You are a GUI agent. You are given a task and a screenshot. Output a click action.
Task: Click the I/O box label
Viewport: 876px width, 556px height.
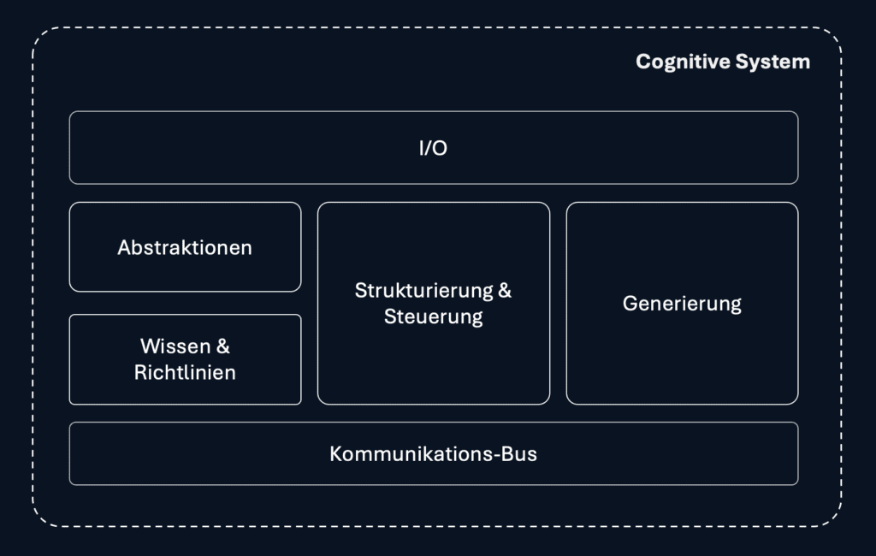point(433,148)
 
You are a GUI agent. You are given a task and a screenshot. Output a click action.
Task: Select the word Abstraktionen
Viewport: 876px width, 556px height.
point(185,248)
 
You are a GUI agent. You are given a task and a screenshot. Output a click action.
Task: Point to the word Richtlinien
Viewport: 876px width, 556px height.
point(185,373)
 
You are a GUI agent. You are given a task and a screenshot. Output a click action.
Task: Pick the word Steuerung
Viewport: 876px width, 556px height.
point(433,316)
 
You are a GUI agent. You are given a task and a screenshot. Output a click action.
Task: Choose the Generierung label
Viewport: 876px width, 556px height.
point(682,304)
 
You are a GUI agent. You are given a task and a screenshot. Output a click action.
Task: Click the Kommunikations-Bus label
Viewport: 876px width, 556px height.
point(433,453)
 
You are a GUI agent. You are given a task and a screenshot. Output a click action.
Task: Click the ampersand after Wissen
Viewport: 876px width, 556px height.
point(223,346)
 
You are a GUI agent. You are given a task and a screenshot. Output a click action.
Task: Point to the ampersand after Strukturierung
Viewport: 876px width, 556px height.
point(505,290)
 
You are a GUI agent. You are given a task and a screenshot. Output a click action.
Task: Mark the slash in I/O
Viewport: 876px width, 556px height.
point(430,148)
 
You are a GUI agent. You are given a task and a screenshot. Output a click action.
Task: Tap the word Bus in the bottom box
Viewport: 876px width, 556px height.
point(519,453)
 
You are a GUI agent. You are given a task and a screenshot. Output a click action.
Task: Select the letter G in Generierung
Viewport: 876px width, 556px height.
point(630,304)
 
